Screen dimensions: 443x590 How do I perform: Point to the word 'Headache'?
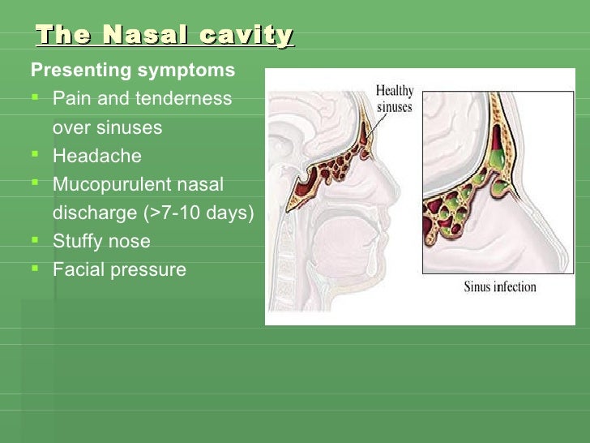[x=96, y=156]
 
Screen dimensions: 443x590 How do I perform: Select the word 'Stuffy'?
[x=78, y=241]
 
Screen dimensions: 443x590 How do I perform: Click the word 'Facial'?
[x=78, y=269]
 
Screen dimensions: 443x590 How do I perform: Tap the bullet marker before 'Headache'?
[x=36, y=156]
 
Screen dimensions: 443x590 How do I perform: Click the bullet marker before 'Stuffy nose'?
[x=36, y=241]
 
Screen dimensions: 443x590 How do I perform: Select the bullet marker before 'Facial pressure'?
[x=36, y=269]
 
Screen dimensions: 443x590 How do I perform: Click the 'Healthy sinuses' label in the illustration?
[x=395, y=99]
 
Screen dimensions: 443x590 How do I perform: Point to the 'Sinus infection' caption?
[x=500, y=286]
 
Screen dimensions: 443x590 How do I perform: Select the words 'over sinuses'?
[x=107, y=127]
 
